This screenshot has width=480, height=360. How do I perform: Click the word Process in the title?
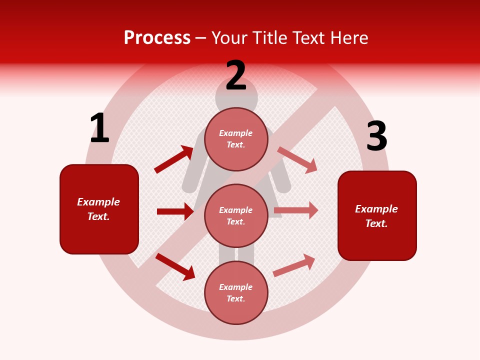coord(157,38)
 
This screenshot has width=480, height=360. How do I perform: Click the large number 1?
coord(99,128)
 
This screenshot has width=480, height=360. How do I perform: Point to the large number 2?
coord(236,76)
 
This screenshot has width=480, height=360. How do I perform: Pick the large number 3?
coord(376,136)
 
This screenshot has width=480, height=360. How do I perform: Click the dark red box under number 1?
coord(99,209)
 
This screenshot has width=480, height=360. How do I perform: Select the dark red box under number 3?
coord(377,215)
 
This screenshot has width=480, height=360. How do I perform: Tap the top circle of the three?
coord(236,139)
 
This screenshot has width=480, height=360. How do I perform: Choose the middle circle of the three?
coord(236,215)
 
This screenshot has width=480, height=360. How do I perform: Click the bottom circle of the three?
coord(236,292)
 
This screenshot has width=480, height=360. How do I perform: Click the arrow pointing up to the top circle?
coord(174,159)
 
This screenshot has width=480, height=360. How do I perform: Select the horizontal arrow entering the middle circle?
coord(175,211)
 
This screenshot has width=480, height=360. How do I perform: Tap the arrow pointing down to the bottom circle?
coord(175,266)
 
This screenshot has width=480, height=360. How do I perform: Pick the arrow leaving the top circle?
coord(297,159)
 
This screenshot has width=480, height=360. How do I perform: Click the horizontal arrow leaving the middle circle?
coord(296,210)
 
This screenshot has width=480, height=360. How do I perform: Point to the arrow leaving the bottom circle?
coord(294,265)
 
